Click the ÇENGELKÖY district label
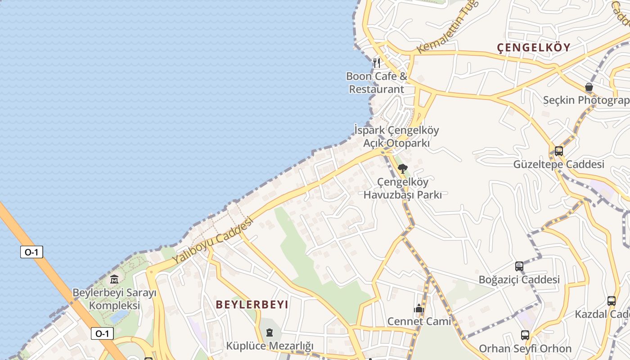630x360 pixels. coord(533,47)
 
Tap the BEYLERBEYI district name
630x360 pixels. coord(252,305)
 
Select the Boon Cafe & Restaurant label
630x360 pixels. coord(377,83)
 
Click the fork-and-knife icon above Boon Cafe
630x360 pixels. coord(377,63)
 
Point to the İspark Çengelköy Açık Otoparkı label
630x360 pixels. coord(396,137)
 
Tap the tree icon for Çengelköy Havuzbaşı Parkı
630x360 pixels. coord(402,169)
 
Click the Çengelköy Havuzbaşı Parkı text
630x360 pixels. coord(402,189)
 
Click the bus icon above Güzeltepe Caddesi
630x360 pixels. coord(558,151)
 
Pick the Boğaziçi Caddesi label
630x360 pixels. coord(519,279)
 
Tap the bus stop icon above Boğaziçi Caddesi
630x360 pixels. coord(519,266)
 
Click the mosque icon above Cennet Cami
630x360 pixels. coord(419,309)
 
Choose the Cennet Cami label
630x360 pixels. coord(419,321)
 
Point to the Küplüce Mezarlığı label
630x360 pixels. coord(269,346)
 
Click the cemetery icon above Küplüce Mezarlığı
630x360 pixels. coord(269,333)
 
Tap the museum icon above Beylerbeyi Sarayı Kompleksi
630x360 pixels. coord(114,279)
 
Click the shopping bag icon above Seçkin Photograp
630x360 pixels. coord(589,87)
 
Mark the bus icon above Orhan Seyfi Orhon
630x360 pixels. coord(525,335)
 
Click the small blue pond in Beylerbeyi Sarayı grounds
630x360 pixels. coord(118,316)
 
